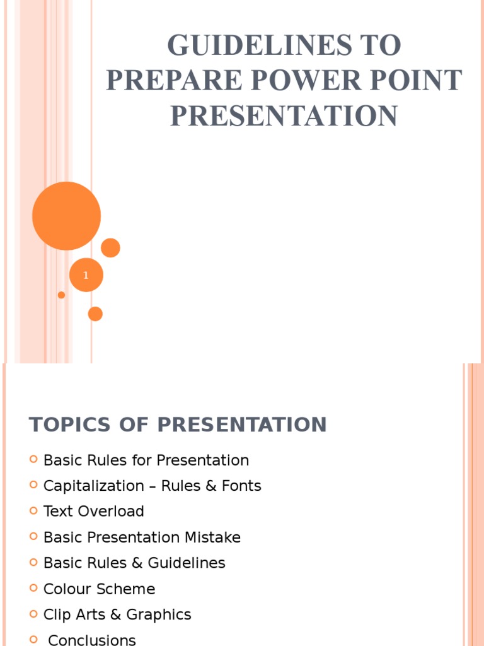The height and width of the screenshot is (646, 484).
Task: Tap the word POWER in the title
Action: point(327,81)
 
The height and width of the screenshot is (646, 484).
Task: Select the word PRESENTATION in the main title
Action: point(284,116)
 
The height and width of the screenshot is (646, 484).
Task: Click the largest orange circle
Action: point(66,216)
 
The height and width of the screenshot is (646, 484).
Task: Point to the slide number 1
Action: point(86,276)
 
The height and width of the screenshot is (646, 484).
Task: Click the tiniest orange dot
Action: point(61,295)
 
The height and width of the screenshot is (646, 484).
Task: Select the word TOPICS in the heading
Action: point(62,425)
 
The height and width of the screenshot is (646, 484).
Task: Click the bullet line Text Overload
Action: point(93,511)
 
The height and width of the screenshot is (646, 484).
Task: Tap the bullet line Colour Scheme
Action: point(99,589)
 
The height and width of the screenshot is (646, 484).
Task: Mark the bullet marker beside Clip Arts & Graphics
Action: point(34,613)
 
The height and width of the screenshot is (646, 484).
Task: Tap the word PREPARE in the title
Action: point(164,81)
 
